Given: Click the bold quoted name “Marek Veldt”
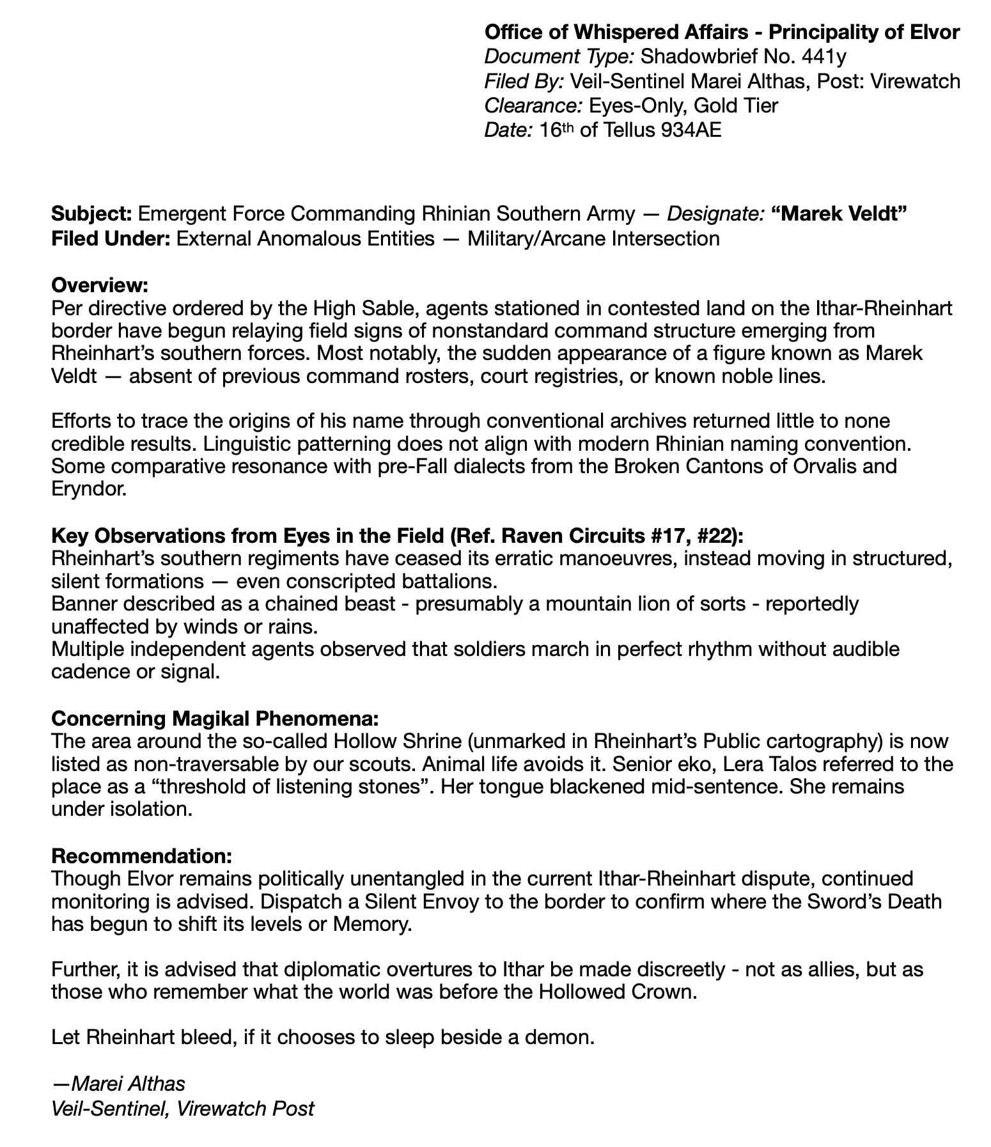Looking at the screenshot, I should [839, 214].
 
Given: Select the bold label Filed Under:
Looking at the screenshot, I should [110, 238].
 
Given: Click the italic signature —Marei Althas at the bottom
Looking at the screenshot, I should [119, 1083].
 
